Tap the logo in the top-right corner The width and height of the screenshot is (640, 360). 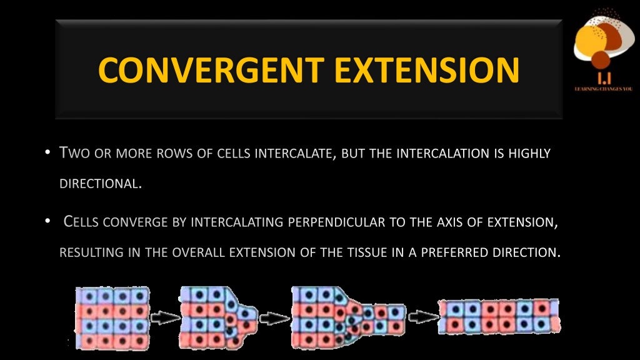(603, 44)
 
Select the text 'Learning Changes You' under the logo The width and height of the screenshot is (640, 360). (603, 89)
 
